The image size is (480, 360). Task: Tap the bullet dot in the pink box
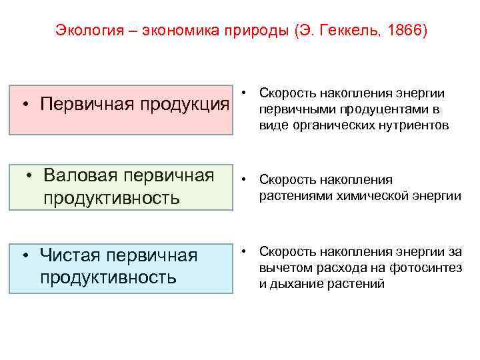[x=24, y=105]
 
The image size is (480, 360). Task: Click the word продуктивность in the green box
[x=111, y=198]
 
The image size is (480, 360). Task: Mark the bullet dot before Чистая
[x=24, y=255]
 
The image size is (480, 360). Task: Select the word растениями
[x=291, y=195]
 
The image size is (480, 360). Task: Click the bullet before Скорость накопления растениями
[x=245, y=180]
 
